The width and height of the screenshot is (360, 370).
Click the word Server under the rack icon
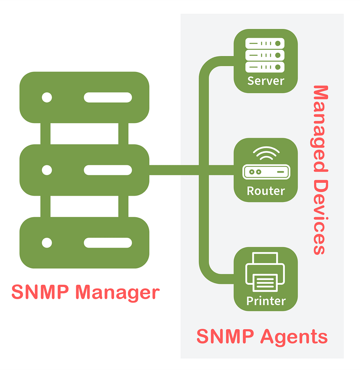coord(266,81)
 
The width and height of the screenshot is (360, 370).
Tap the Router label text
coord(266,190)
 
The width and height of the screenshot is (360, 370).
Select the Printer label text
coord(266,301)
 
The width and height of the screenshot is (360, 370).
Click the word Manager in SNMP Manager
coord(118,293)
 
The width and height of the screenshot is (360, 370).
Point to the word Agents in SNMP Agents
coord(294,337)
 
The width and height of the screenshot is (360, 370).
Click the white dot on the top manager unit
coord(47,98)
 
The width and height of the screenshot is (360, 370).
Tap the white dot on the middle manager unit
coord(47,170)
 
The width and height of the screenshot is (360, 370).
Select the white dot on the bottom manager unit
coord(47,242)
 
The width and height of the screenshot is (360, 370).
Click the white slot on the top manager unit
coord(108,98)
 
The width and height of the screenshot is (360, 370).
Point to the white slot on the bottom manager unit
coord(108,242)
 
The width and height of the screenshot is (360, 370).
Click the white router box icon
coord(266,172)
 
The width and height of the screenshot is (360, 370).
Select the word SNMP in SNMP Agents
coord(225,337)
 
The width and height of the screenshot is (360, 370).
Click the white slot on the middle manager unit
coord(108,170)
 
